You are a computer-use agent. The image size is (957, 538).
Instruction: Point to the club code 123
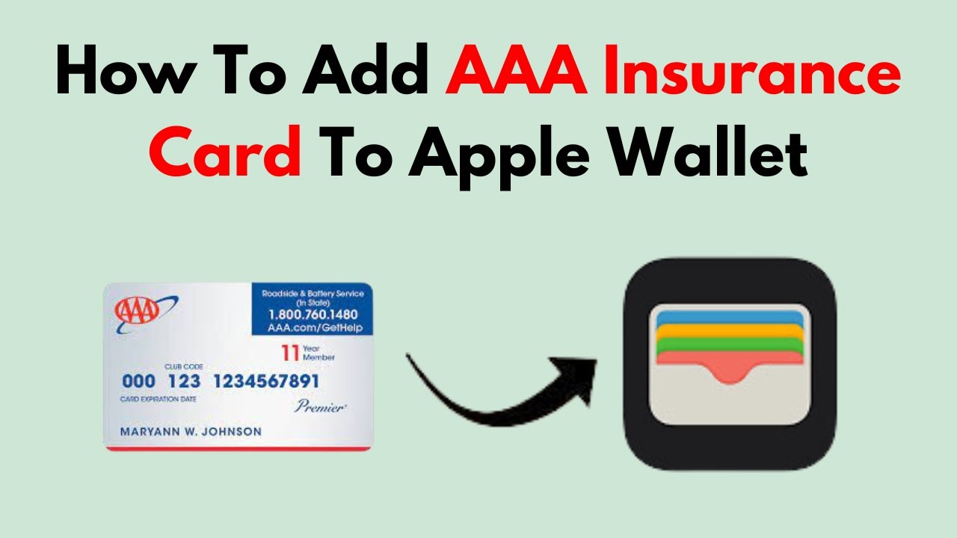click(x=183, y=382)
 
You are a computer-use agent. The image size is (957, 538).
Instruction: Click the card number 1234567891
click(x=266, y=382)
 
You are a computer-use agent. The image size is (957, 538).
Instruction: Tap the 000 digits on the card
click(x=138, y=382)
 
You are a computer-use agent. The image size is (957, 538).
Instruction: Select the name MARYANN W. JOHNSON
click(x=191, y=431)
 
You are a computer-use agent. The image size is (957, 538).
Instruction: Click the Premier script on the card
click(x=319, y=406)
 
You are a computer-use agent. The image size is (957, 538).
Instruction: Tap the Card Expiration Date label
click(x=158, y=399)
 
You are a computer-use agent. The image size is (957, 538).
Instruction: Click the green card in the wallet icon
click(x=729, y=344)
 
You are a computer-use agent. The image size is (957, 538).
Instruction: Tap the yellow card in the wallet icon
click(x=729, y=330)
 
